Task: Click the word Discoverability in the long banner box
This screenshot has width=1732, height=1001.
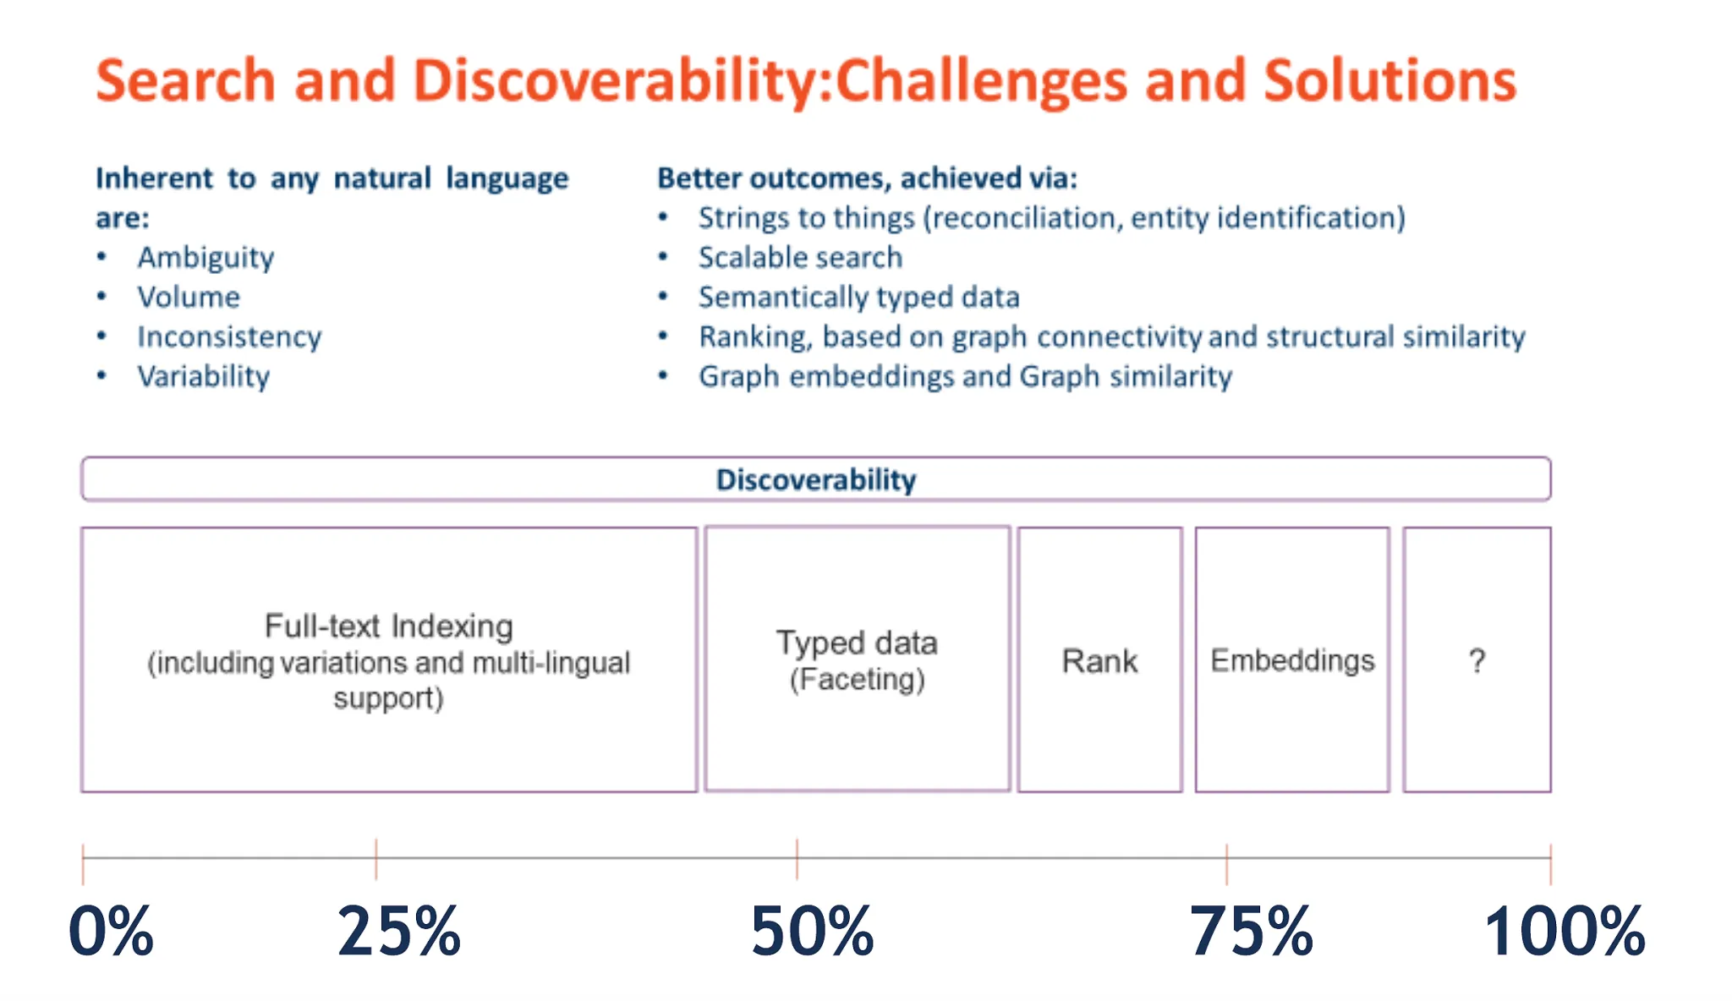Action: pyautogui.click(x=816, y=480)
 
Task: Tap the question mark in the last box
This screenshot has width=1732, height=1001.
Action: pyautogui.click(x=1477, y=660)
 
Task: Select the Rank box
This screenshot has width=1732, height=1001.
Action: pyautogui.click(x=1099, y=659)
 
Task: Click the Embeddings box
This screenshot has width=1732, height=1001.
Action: pyautogui.click(x=1292, y=659)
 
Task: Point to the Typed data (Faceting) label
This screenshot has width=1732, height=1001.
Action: pyautogui.click(x=857, y=660)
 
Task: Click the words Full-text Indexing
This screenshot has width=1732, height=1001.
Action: pyautogui.click(x=389, y=626)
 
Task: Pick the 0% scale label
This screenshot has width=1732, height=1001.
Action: pyautogui.click(x=111, y=931)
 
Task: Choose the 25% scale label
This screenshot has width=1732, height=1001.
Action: pyautogui.click(x=398, y=931)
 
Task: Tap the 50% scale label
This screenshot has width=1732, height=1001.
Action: pyautogui.click(x=812, y=931)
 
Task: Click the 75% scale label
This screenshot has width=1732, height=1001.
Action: pyautogui.click(x=1251, y=931)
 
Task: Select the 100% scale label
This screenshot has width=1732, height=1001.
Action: pyautogui.click(x=1565, y=931)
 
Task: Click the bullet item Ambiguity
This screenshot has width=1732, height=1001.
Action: pyautogui.click(x=206, y=258)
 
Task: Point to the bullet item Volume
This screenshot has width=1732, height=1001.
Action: pyautogui.click(x=189, y=297)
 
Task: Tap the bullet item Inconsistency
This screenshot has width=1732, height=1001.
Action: pyautogui.click(x=230, y=336)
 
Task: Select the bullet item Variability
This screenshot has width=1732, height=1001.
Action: pyautogui.click(x=204, y=376)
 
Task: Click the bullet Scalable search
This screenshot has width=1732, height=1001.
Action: pyautogui.click(x=800, y=257)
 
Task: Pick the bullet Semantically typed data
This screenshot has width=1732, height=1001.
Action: pyautogui.click(x=859, y=297)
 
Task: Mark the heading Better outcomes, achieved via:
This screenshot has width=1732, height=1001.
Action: pyautogui.click(x=868, y=178)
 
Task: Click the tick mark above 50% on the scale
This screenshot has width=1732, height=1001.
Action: pyautogui.click(x=797, y=859)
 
